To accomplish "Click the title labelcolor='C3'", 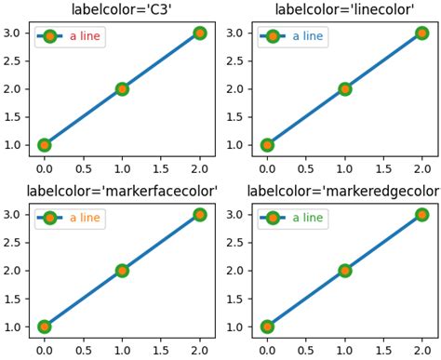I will tap(122, 10).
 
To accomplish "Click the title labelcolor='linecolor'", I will tap(344, 10).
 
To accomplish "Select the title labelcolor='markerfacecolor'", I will tap(122, 192).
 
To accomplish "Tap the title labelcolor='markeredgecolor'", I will tap(344, 192).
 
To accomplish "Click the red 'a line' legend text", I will tap(87, 37).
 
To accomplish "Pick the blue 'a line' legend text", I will tap(310, 37).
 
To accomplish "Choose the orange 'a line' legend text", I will tap(87, 219).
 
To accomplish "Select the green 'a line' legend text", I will tap(310, 219).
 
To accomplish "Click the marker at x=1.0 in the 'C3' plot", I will tap(122, 89).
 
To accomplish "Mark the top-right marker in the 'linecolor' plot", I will tap(421, 33).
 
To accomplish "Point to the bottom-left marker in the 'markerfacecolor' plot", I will tap(45, 327).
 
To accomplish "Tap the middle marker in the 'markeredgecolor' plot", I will tap(344, 271).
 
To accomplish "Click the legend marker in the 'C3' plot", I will tap(49, 37).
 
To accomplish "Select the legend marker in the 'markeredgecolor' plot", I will tap(273, 219).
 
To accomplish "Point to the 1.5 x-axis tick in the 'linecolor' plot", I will tap(383, 170).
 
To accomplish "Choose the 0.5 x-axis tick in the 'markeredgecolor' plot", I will tap(306, 352).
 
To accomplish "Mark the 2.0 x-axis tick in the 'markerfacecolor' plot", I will tap(199, 352).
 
